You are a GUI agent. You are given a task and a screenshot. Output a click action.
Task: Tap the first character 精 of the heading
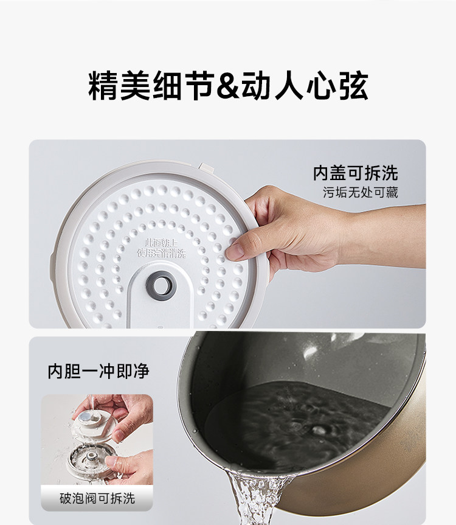point(103,87)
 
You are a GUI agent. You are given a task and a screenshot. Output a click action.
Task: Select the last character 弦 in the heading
point(353,87)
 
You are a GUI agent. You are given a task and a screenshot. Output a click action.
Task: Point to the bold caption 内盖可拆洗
point(355,173)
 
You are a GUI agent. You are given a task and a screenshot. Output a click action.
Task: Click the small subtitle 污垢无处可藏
point(361,193)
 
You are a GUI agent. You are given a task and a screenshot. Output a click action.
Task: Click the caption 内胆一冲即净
point(98,371)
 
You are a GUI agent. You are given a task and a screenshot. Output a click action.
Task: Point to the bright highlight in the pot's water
point(316,429)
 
